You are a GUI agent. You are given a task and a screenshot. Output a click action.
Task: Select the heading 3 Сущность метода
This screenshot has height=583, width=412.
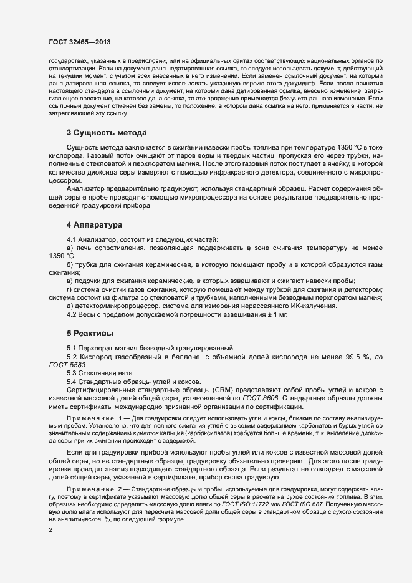tap(107, 133)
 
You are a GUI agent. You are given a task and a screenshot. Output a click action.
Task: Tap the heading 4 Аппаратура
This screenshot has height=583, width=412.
tap(95, 224)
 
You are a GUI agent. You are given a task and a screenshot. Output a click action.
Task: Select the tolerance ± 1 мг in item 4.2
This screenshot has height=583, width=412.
tap(272, 314)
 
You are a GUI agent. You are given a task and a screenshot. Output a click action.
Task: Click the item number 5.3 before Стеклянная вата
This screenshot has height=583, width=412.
tap(72, 372)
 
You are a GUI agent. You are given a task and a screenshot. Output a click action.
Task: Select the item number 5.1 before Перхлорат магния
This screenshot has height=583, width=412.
tap(72, 347)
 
